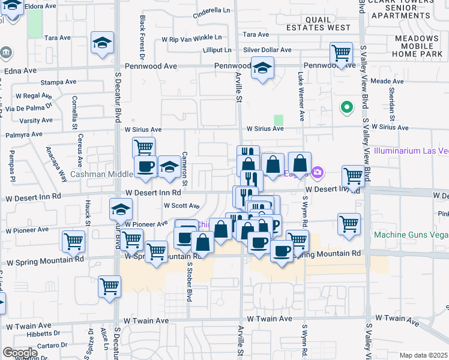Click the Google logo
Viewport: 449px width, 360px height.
pyautogui.click(x=19, y=353)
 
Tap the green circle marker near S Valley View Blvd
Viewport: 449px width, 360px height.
pyautogui.click(x=346, y=108)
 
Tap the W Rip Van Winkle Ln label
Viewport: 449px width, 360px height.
pyautogui.click(x=196, y=39)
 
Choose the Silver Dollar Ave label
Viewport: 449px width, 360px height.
pyautogui.click(x=267, y=50)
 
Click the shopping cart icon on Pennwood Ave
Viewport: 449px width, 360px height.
pyautogui.click(x=342, y=53)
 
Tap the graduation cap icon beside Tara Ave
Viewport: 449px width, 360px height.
pyautogui.click(x=102, y=44)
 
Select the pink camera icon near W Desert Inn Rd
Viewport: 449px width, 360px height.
pyautogui.click(x=317, y=173)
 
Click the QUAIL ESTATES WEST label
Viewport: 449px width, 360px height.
pyautogui.click(x=319, y=23)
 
